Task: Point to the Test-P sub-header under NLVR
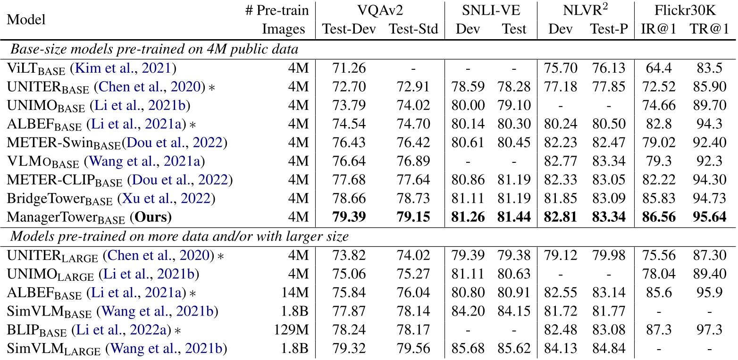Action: tap(609, 29)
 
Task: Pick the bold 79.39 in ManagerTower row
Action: tap(349, 218)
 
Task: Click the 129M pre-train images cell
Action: tap(291, 330)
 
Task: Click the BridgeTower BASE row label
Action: tap(59, 200)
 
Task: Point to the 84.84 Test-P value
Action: tap(609, 349)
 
